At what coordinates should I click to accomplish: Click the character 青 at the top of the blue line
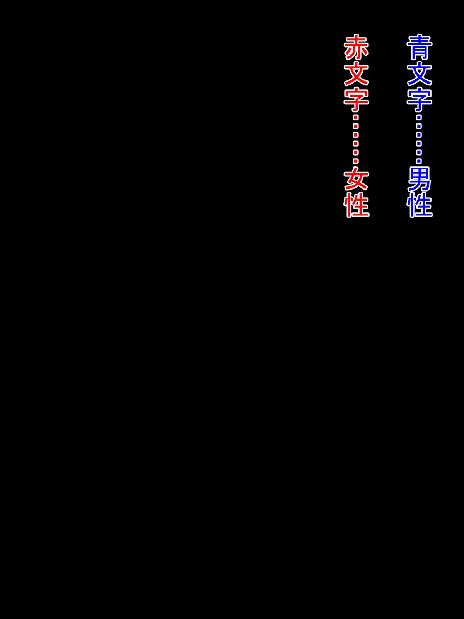[420, 47]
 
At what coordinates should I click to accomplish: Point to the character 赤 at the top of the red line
[357, 47]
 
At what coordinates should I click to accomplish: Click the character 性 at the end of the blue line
[420, 205]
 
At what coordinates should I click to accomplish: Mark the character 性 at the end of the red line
[357, 205]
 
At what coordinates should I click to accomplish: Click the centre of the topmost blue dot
[419, 117]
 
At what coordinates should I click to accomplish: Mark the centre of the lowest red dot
[356, 161]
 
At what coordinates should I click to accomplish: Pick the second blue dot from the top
[419, 126]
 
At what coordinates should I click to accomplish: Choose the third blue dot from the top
[419, 135]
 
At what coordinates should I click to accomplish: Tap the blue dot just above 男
[419, 161]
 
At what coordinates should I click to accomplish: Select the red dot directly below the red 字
[356, 117]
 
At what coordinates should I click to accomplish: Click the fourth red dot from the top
[356, 144]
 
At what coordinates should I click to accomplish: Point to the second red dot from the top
[356, 126]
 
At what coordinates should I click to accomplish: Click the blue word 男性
[420, 192]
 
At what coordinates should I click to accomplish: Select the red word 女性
[357, 192]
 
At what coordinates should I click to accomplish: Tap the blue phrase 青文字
[420, 74]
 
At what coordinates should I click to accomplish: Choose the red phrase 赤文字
[357, 74]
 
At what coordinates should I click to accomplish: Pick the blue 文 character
[420, 74]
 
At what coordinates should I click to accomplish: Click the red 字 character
[357, 99]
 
